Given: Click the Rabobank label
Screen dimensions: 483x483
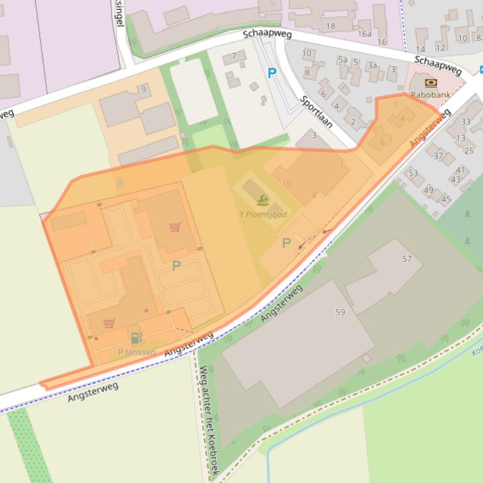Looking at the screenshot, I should point(431,95).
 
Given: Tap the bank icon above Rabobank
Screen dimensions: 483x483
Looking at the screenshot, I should point(431,83).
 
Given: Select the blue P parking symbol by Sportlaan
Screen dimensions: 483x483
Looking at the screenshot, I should point(272,73).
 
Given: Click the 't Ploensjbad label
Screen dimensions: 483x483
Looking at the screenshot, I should point(263,215).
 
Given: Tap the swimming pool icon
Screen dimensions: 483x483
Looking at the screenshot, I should point(263,200).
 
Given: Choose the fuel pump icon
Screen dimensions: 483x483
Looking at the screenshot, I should point(136,338).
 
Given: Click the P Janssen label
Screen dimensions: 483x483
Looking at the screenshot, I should point(137,352).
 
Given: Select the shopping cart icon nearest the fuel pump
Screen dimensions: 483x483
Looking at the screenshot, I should point(109,324).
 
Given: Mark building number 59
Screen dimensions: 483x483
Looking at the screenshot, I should point(340,312).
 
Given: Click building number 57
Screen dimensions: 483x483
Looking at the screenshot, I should point(407,258).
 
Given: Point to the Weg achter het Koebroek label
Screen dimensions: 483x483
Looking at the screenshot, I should point(208,420).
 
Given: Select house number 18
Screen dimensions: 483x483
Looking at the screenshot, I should point(331,26).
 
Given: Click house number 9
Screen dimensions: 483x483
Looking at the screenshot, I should point(144,88).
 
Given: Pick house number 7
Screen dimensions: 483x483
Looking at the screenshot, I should point(234,55).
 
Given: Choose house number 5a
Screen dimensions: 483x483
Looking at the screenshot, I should point(342,60).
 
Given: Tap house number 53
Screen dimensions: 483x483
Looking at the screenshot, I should point(413,173).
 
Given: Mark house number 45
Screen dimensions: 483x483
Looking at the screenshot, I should point(446,199).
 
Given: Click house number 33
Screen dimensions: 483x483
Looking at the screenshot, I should point(465,122).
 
